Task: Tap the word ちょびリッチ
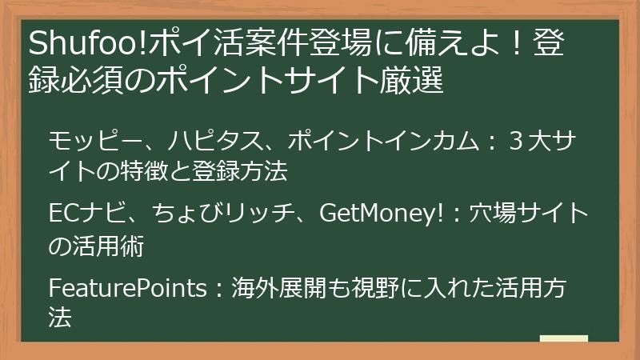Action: tap(221, 215)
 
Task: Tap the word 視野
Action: tap(380, 288)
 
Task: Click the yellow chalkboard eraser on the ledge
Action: tap(564, 338)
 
